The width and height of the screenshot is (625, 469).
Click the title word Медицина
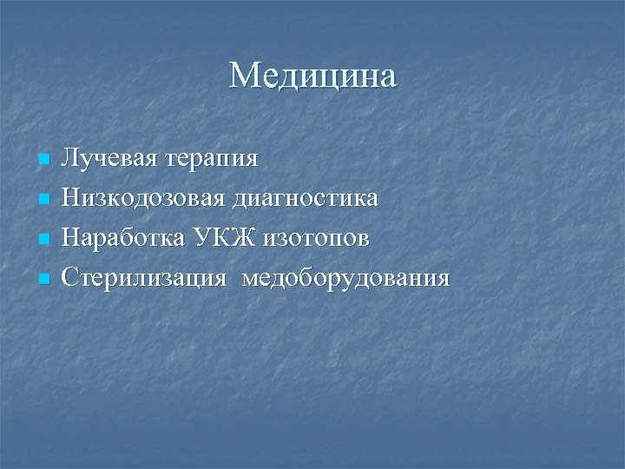[x=312, y=76]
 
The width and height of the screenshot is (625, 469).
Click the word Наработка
[x=122, y=239]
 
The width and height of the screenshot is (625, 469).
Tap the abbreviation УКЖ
[x=211, y=239]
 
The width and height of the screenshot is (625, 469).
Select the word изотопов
[x=310, y=239]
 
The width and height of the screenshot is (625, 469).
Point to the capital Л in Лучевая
[x=69, y=159]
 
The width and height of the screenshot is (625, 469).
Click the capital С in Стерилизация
[x=70, y=279]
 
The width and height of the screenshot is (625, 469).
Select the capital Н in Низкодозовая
[x=71, y=199]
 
